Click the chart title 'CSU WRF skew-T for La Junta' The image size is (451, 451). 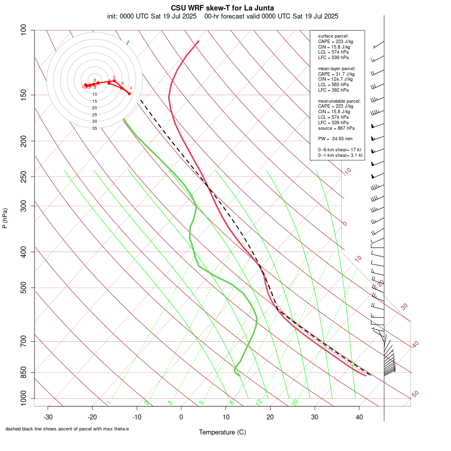222,8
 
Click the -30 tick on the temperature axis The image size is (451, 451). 48,417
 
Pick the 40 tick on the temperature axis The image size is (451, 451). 359,417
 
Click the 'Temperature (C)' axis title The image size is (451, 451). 222,432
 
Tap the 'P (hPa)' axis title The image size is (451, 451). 5,218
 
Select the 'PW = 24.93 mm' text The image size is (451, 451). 335,138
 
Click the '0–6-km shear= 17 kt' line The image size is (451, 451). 340,150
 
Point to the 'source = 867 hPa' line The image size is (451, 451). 336,128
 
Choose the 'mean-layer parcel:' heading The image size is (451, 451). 337,68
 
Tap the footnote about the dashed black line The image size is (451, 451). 67,429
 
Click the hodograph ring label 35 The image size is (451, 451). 94,128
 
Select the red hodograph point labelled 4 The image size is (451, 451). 129,94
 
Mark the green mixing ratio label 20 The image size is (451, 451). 295,402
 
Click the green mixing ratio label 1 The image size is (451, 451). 109,403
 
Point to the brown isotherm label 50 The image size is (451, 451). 415,394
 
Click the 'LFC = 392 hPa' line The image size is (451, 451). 333,90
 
